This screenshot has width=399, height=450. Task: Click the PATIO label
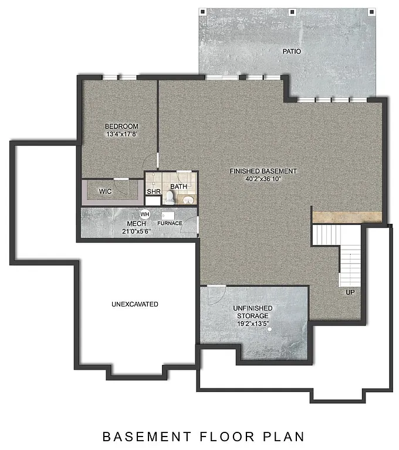pos(292,52)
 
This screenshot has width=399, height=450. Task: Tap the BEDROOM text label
pos(121,127)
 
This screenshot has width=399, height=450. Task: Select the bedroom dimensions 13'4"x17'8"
pos(121,135)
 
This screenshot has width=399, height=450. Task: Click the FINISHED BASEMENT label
pos(263,171)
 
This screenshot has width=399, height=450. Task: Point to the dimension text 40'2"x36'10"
pos(263,179)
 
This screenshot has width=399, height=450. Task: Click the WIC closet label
pos(105,191)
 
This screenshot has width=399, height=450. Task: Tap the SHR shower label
pos(154,192)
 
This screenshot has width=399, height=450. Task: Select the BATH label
pos(178,187)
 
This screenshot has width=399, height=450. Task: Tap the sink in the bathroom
pos(188,200)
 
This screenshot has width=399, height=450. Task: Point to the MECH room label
pos(136,224)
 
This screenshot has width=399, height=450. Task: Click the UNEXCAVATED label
pos(135,304)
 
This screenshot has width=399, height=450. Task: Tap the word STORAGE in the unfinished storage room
pos(252,316)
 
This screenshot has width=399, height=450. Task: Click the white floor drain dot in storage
pos(270,329)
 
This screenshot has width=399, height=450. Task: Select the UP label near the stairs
pos(350,292)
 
